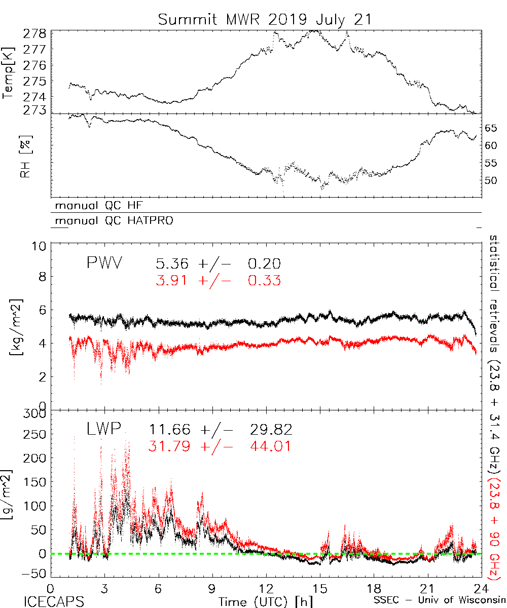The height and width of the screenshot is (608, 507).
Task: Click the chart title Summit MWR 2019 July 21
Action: [265, 19]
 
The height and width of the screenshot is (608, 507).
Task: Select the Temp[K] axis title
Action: [9, 71]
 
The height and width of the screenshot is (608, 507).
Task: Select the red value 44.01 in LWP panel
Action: [271, 446]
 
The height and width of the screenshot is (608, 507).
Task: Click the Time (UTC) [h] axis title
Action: [260, 601]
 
